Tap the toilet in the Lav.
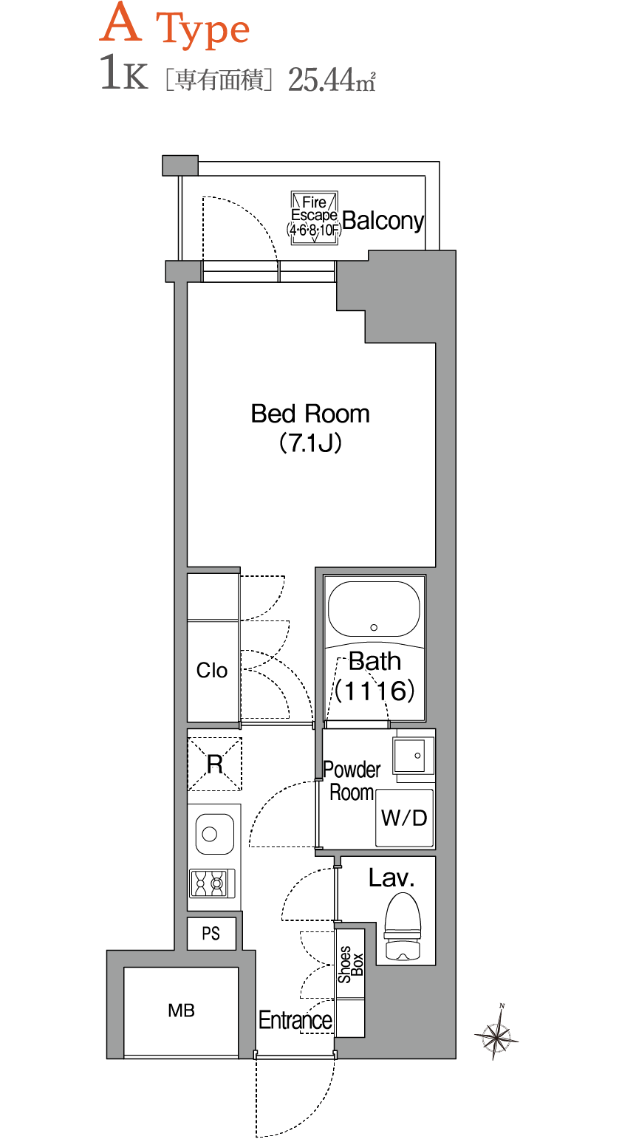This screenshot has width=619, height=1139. coord(403,927)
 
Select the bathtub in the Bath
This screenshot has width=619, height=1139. coord(374,609)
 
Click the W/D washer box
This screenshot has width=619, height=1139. coord(404,818)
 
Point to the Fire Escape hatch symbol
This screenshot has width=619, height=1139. coord(315,218)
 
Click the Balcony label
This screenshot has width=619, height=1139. coord(383,221)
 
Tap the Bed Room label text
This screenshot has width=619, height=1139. coord(310,414)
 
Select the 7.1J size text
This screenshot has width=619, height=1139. coord(310,443)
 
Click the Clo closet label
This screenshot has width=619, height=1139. coord(211,670)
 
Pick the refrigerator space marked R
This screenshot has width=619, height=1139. coord(215,764)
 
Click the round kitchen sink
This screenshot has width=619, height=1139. coord(215,834)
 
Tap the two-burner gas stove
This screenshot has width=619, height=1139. coord(212,883)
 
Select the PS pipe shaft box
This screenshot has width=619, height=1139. coord(211,934)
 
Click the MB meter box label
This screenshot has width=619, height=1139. coord(181,1010)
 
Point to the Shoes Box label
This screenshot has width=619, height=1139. coord(350,964)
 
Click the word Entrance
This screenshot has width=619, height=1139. coord(295,1020)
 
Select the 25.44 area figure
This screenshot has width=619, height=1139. coord(321,80)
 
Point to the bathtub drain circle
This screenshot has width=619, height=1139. coord(374,627)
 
